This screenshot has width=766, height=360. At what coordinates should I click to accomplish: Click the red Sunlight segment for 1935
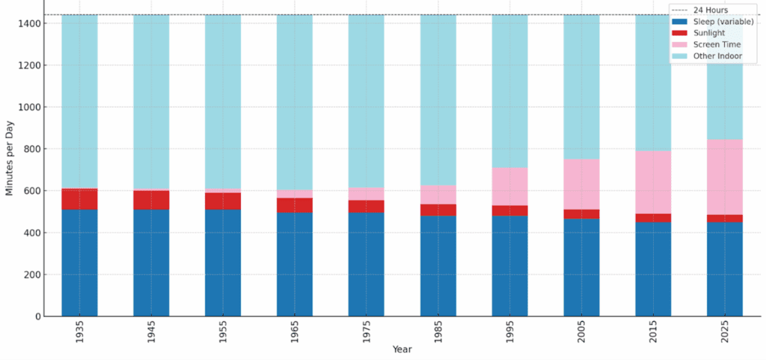pos(80,199)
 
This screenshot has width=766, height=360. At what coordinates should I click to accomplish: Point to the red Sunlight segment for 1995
pos(509,210)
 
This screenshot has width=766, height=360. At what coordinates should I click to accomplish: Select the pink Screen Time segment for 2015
pos(653,183)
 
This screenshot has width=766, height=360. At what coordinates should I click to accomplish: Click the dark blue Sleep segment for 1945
pos(151,263)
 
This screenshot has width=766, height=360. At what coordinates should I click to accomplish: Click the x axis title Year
pos(402,350)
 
